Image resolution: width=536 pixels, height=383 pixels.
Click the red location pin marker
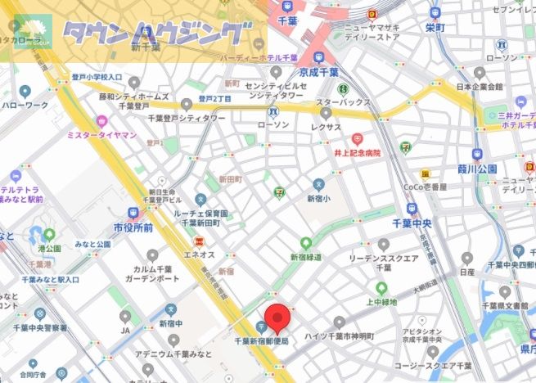(x=279, y=316)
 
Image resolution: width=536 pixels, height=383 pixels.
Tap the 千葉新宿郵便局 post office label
(x=261, y=340)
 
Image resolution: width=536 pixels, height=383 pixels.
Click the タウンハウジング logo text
(x=155, y=34)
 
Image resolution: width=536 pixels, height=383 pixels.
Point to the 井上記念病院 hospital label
(x=357, y=152)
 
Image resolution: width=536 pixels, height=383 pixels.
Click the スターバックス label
(x=343, y=102)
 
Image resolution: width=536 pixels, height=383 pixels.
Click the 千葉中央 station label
(x=412, y=223)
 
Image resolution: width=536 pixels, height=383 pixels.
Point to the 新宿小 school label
(x=318, y=199)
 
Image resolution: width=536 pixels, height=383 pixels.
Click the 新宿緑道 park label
(x=306, y=256)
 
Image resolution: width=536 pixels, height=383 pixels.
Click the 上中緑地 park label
(x=381, y=301)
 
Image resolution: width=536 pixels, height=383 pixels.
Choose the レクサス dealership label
(x=327, y=127)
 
